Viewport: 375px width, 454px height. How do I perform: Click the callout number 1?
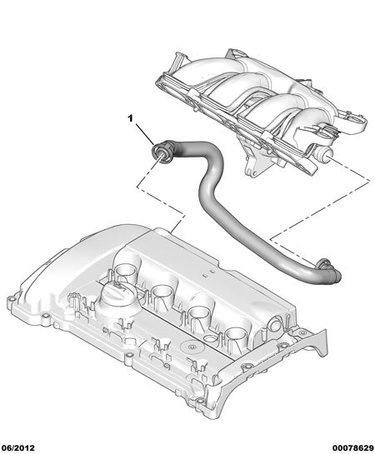click(x=130, y=118)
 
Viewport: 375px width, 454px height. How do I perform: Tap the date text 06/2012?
click(x=17, y=448)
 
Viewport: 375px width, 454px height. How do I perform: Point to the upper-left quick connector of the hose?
click(x=162, y=151)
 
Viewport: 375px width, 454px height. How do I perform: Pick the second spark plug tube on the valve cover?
click(x=162, y=292)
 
